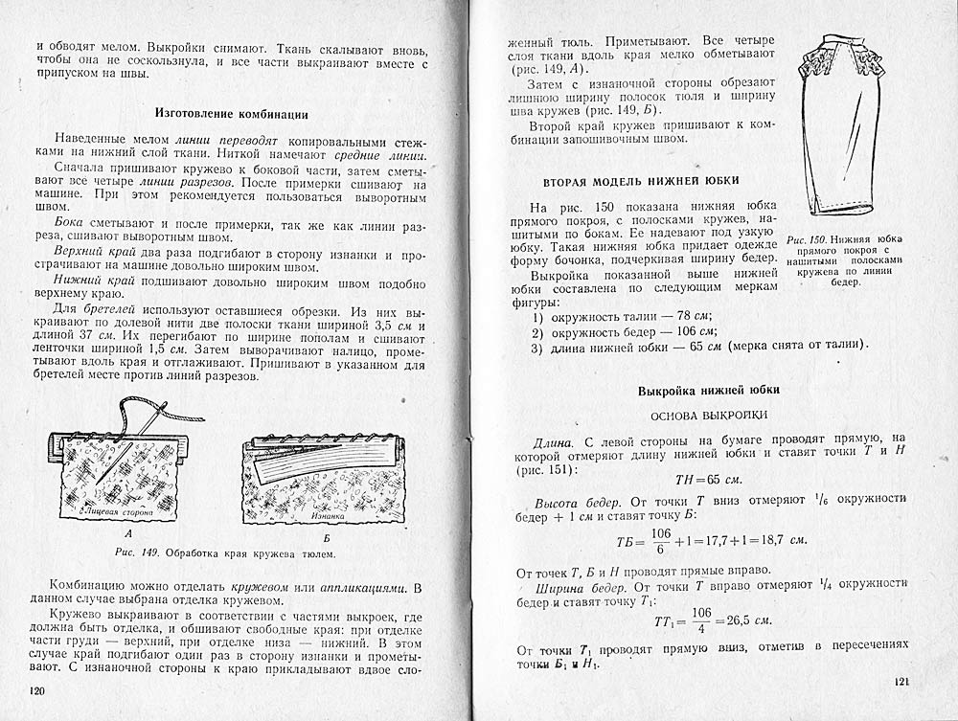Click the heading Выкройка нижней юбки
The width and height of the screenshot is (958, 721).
point(708,390)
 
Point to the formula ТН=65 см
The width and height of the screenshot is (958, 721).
point(710,480)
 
